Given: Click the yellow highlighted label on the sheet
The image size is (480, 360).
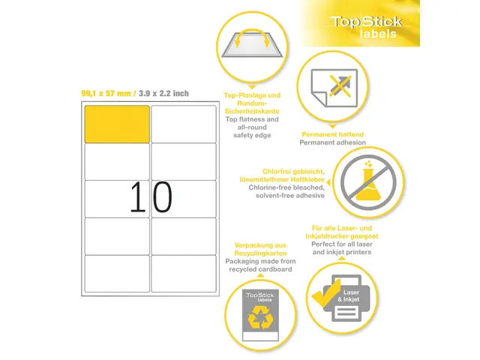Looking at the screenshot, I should [x=116, y=124].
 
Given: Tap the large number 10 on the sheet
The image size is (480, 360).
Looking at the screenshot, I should [x=151, y=198].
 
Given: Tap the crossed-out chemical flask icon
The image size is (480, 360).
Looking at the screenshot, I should [x=370, y=182].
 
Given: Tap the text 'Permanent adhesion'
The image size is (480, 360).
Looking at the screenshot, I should [x=332, y=142].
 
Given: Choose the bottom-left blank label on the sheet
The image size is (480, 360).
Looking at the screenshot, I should [x=116, y=274].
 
